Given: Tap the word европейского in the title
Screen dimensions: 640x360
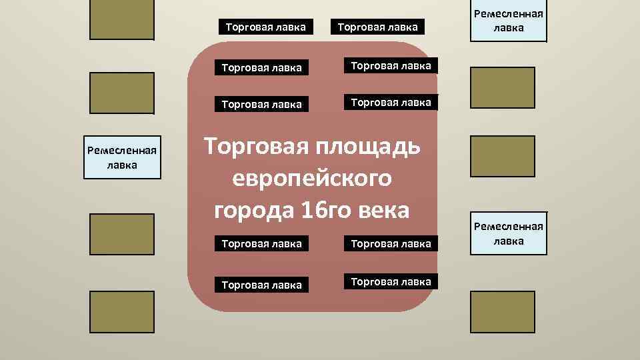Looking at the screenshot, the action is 311,179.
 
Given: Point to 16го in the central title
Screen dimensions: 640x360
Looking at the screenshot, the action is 323,210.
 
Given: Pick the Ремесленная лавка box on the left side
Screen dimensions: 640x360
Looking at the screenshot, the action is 122,157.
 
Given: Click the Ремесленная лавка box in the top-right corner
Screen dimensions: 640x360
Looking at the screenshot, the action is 508,21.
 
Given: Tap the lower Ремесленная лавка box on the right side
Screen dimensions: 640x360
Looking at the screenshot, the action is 508,234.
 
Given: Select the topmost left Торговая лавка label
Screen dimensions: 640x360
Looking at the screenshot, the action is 265,27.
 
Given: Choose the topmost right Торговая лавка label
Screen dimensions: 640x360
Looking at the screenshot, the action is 377,27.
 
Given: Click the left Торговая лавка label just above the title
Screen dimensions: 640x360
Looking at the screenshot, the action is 261,104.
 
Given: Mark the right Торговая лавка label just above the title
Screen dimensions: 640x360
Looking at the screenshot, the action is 391,103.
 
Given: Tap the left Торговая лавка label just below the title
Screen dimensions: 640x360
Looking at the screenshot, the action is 261,244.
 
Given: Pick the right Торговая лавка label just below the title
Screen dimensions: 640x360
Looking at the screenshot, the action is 391,244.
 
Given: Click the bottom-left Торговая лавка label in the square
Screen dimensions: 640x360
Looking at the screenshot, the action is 261,285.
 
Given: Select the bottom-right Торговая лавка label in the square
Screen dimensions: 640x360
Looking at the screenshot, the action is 391,282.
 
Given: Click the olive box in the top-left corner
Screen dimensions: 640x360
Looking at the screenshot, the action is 122,19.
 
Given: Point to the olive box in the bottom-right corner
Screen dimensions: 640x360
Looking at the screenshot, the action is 503,311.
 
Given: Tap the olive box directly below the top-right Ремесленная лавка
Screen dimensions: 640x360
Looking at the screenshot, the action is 503,87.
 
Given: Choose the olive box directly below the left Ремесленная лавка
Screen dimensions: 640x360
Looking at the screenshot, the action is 122,234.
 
